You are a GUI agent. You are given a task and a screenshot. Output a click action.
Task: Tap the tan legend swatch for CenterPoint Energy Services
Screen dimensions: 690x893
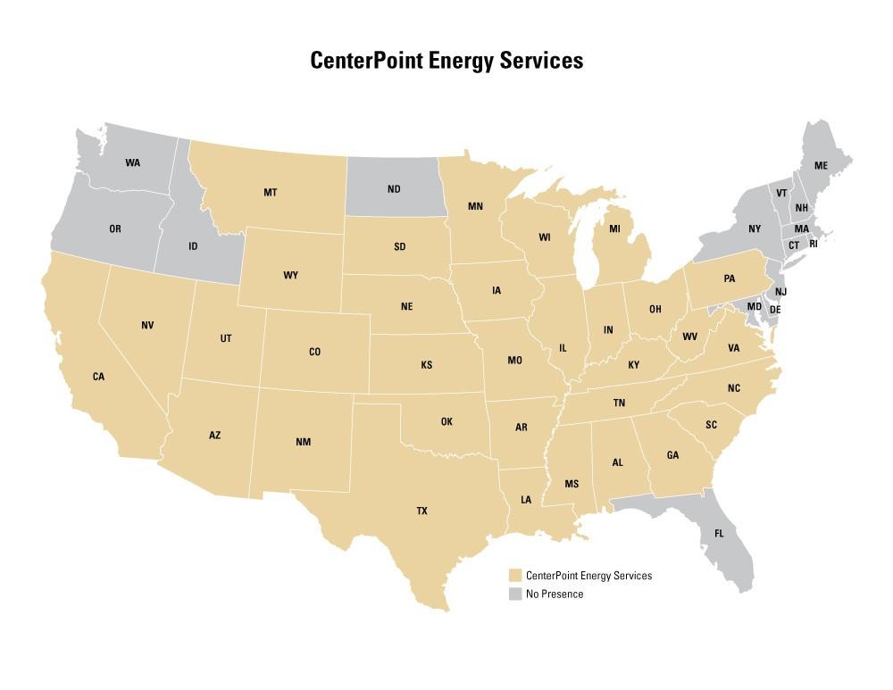point(514,576)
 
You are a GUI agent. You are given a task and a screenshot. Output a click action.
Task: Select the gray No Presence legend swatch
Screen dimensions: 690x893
point(514,594)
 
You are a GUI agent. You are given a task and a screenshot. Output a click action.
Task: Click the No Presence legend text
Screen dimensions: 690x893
point(555,594)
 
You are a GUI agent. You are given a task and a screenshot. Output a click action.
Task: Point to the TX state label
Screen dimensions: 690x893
point(421,511)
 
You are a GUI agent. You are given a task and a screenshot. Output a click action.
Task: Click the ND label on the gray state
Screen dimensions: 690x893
point(394,189)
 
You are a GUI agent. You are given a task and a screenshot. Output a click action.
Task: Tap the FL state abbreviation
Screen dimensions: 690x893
point(720,534)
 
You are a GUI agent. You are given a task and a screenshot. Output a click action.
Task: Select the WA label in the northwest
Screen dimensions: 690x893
point(133,162)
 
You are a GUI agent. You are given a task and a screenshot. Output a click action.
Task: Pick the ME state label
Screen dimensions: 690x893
point(821,166)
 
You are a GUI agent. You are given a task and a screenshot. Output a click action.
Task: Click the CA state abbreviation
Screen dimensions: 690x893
point(98,377)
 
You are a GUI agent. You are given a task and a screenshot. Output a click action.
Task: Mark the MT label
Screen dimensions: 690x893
point(270,192)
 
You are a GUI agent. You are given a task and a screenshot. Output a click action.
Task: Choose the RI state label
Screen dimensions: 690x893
point(814,244)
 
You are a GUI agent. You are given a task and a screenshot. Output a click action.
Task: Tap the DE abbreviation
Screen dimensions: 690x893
point(775,310)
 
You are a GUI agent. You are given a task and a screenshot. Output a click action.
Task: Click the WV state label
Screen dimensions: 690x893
point(689,337)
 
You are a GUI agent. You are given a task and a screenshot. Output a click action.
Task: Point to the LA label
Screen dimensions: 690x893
point(525,500)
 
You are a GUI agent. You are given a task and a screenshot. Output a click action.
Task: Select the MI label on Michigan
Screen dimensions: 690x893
point(614,229)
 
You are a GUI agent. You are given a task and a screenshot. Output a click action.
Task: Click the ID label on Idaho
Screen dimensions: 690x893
point(193,246)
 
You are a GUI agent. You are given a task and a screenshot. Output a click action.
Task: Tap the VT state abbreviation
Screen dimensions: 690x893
point(781,194)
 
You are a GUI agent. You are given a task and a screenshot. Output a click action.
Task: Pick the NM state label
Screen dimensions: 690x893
point(303,443)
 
